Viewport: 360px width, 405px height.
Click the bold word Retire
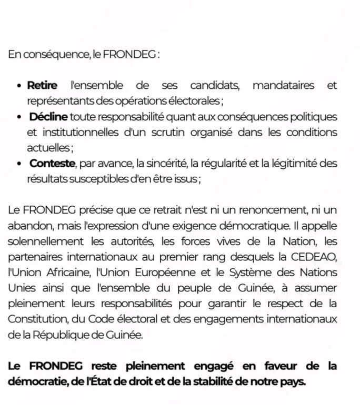click(x=42, y=85)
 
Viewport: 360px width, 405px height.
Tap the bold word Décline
click(x=48, y=116)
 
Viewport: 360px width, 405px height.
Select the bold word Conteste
click(x=52, y=164)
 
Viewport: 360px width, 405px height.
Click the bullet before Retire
click(x=19, y=86)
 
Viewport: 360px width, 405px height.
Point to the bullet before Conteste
click(x=19, y=164)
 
